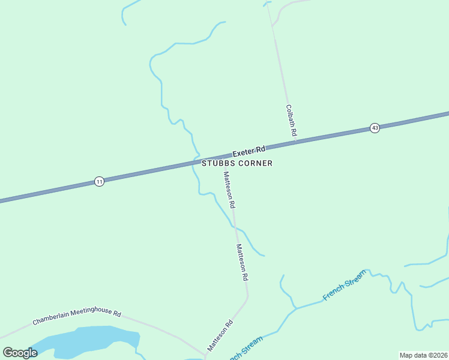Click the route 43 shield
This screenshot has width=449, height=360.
(x=375, y=128)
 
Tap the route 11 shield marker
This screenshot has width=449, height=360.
(x=99, y=181)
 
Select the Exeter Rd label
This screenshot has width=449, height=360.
(x=249, y=151)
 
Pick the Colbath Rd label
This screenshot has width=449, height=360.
(x=291, y=121)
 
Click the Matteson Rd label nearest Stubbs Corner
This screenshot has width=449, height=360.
(x=229, y=190)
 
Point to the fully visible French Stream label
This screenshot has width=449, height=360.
(x=344, y=286)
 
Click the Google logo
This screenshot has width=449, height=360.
(x=20, y=353)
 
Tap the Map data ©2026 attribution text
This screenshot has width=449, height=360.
(x=424, y=355)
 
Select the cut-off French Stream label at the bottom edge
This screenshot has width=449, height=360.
(x=246, y=350)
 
